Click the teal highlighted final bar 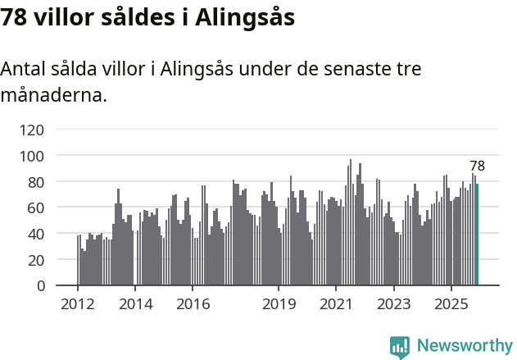pyautogui.click(x=477, y=235)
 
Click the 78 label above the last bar pyautogui.click(x=477, y=166)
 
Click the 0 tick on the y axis pyautogui.click(x=39, y=286)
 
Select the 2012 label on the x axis pyautogui.click(x=78, y=304)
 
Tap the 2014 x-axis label pyautogui.click(x=135, y=304)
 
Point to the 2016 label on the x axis pyautogui.click(x=193, y=304)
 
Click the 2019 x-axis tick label pyautogui.click(x=279, y=304)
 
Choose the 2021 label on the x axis pyautogui.click(x=336, y=304)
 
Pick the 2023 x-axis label pyautogui.click(x=393, y=304)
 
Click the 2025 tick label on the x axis pyautogui.click(x=451, y=304)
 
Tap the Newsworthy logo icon pyautogui.click(x=400, y=347)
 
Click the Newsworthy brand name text pyautogui.click(x=464, y=347)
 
